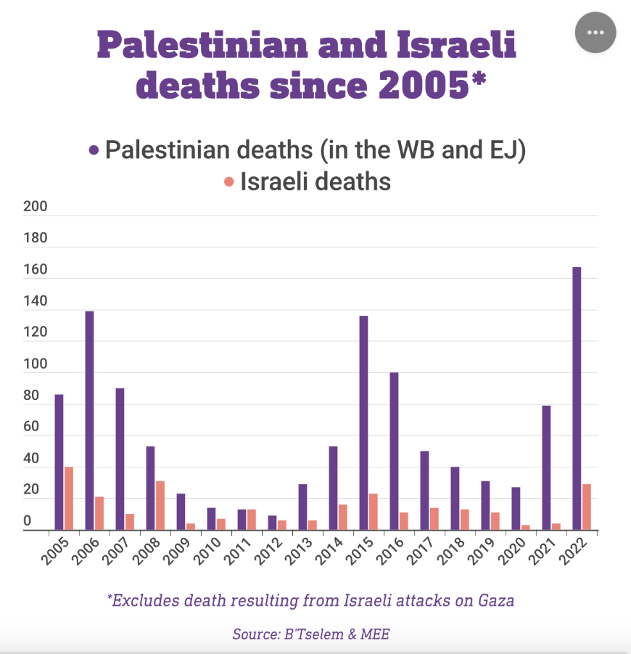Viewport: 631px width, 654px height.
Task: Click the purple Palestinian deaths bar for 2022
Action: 577,398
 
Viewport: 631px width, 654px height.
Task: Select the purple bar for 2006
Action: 89,421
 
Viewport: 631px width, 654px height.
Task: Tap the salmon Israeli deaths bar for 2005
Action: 69,499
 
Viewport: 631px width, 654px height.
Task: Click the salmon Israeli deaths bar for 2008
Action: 160,506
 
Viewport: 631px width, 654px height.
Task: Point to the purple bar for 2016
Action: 394,451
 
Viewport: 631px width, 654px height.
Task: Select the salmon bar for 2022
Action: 587,507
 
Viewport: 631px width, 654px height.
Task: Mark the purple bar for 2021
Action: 546,468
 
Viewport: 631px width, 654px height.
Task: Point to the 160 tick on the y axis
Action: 36,270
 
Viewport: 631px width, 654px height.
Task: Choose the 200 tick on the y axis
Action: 36,207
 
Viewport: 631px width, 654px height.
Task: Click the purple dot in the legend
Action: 94,150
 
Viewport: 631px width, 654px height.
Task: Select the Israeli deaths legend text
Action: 316,181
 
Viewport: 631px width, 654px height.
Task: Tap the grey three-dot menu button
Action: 595,33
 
